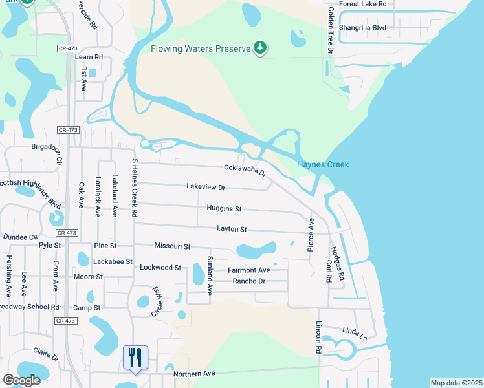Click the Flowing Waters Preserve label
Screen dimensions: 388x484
coord(200,48)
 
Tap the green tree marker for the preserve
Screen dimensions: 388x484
coord(260,47)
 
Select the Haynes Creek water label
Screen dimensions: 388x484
coord(323,164)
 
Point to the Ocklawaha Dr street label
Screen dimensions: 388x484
coord(245,170)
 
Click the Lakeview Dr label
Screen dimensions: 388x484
coord(206,188)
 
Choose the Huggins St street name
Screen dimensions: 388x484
coord(224,209)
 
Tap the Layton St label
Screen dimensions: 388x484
coord(232,229)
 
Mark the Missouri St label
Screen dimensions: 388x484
coord(172,246)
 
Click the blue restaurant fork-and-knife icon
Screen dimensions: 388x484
coord(135,357)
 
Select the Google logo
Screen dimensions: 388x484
coord(21,380)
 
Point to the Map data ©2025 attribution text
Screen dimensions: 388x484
coord(456,383)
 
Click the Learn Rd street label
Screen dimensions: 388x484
coord(89,57)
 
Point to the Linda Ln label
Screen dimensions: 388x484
coord(355,333)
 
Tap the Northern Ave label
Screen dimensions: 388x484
coord(194,374)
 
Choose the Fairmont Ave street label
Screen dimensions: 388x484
coord(248,270)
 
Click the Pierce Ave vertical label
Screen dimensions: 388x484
coord(311,234)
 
